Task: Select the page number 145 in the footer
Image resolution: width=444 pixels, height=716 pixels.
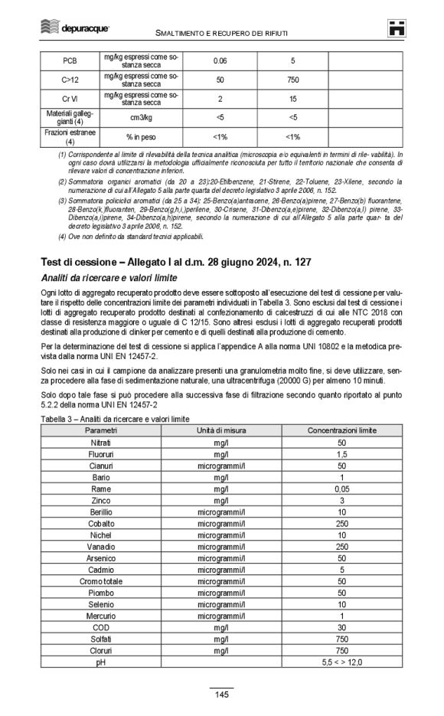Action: pyautogui.click(x=222, y=695)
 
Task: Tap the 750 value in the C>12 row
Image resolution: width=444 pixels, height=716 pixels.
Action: pyautogui.click(x=292, y=80)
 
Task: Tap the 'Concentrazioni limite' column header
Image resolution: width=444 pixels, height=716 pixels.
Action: pyautogui.click(x=342, y=431)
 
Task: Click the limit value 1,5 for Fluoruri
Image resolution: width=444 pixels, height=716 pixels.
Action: pyautogui.click(x=342, y=455)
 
